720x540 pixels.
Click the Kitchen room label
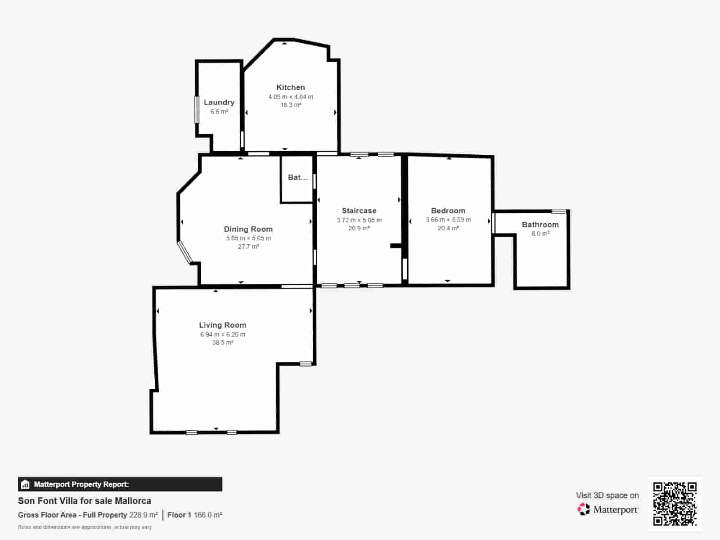(290, 87)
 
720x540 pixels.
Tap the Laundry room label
(219, 102)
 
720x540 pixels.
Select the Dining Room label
(248, 229)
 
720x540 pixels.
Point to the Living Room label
(222, 325)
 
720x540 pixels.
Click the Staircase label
(359, 211)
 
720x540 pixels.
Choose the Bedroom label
(448, 211)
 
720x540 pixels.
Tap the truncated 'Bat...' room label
(297, 177)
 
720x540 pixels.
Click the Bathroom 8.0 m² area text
(540, 234)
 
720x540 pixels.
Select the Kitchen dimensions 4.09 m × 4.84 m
(291, 97)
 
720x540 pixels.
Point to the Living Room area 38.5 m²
(222, 342)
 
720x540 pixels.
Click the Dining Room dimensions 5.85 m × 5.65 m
(248, 238)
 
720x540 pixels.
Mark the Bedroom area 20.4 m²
(448, 228)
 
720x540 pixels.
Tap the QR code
(675, 504)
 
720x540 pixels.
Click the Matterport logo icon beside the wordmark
(584, 509)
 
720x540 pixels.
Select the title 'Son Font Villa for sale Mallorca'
(85, 501)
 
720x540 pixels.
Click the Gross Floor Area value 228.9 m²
(143, 515)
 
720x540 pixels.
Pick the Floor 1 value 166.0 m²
(208, 515)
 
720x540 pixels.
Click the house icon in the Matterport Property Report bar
(25, 484)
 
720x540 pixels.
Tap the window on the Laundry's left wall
(197, 109)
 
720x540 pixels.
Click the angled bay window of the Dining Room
(184, 252)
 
